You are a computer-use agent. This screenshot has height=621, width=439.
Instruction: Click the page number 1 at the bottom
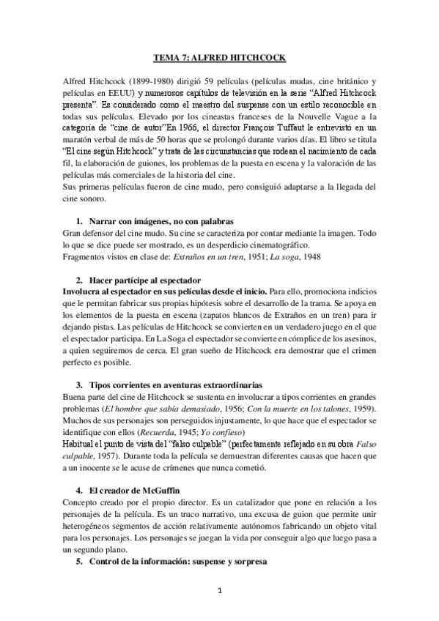click(x=219, y=590)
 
